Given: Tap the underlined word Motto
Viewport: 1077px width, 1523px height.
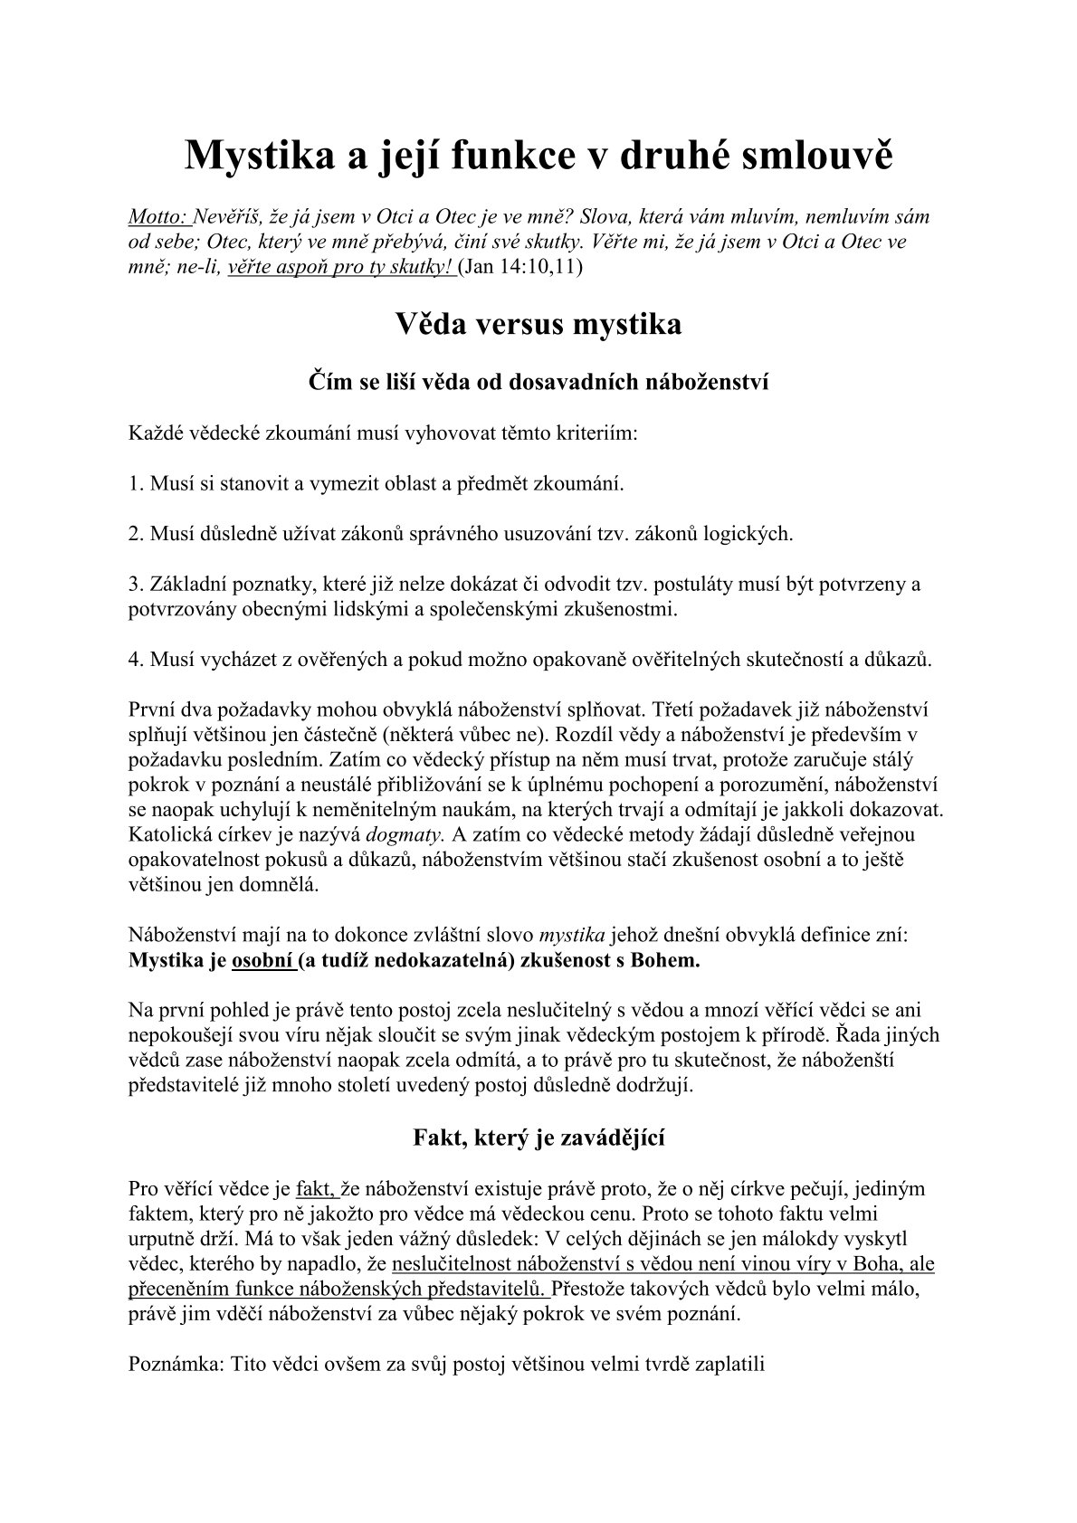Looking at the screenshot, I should tap(158, 217).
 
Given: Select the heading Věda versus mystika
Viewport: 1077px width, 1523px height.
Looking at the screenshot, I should tap(538, 324).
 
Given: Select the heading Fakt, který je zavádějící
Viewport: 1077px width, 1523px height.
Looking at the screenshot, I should tap(538, 1137).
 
